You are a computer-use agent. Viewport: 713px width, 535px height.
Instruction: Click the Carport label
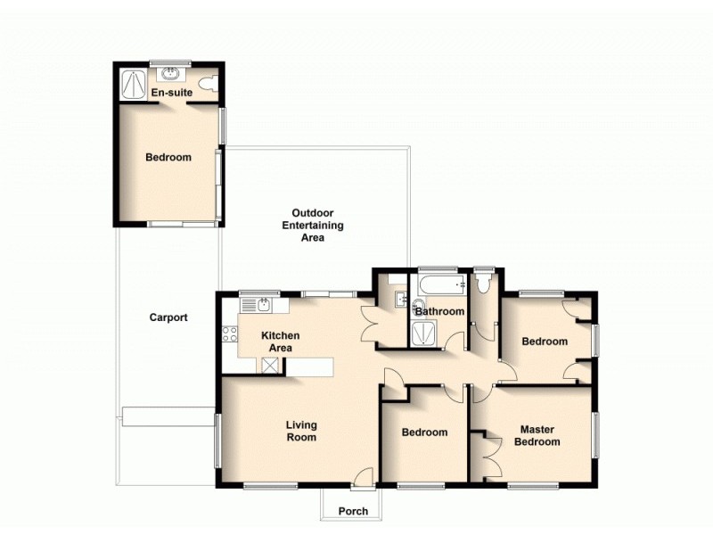click(x=168, y=317)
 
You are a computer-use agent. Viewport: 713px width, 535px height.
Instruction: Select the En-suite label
click(x=170, y=92)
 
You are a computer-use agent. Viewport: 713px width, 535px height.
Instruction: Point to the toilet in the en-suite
click(x=208, y=84)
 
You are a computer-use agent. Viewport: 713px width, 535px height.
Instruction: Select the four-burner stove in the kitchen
click(x=229, y=335)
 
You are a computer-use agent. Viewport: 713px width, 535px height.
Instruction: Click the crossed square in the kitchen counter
click(x=269, y=365)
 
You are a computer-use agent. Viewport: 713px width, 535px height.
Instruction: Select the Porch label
click(x=353, y=511)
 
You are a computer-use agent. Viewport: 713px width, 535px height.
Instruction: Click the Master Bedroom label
click(x=539, y=436)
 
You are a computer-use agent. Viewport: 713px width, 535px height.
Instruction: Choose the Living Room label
click(x=301, y=432)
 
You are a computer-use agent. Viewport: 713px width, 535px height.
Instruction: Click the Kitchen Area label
click(x=280, y=342)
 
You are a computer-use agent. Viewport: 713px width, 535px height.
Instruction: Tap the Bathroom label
click(x=439, y=311)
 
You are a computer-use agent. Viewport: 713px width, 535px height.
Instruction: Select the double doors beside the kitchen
click(x=371, y=323)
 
